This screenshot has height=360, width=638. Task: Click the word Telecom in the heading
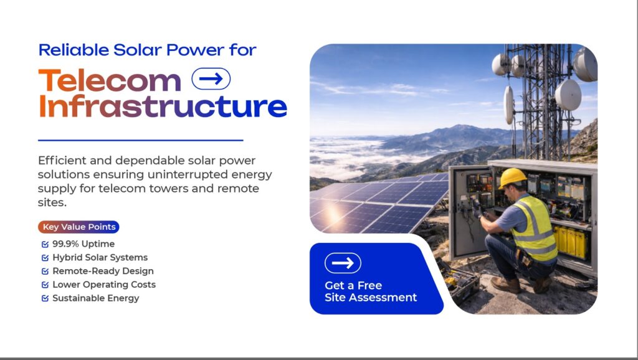110,80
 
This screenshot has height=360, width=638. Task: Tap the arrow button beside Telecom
211,78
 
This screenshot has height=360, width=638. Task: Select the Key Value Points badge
79,227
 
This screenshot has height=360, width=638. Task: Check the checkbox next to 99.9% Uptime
45,244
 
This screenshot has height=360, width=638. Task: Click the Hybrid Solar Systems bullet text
100,257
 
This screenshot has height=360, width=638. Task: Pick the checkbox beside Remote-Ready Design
45,272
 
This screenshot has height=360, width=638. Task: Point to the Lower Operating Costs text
104,285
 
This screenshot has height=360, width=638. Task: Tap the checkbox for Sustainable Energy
45,298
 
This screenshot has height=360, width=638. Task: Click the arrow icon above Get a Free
343,263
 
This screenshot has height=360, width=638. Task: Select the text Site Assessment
371,297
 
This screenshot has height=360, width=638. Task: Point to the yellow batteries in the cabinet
570,242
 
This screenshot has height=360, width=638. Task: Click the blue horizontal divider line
140,140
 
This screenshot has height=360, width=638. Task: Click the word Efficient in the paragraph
62,160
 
